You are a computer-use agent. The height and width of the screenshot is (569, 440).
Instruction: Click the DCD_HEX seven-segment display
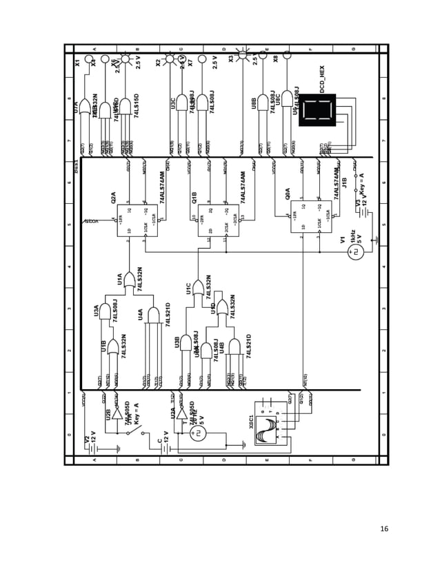(x=317, y=110)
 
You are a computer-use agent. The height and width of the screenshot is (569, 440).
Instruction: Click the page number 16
(x=384, y=528)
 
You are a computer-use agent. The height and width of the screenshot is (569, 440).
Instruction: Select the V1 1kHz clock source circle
(x=356, y=252)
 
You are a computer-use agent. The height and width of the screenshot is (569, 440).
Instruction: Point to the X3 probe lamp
(x=243, y=53)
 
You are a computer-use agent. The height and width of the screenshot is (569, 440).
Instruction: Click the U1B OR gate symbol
(x=113, y=346)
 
